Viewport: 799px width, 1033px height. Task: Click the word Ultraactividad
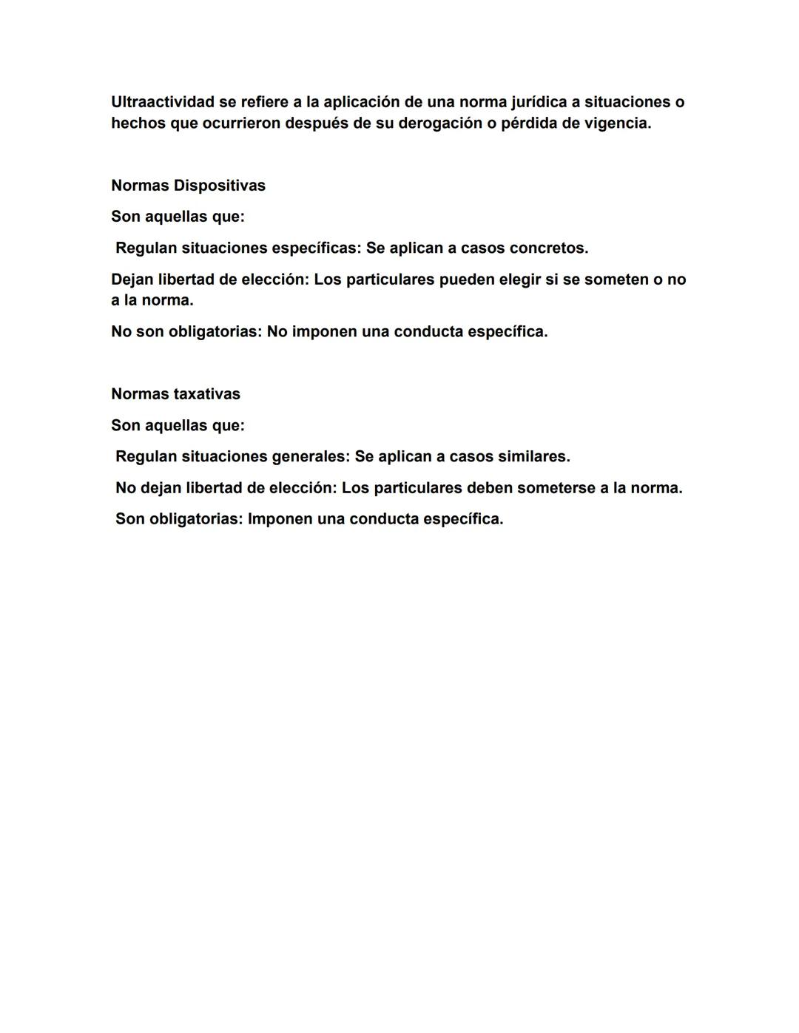[163, 102]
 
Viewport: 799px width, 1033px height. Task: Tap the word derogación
[439, 123]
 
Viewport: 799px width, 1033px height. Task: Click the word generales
[310, 457]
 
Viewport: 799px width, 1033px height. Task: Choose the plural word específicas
[316, 248]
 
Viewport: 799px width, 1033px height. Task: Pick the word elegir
[515, 280]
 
